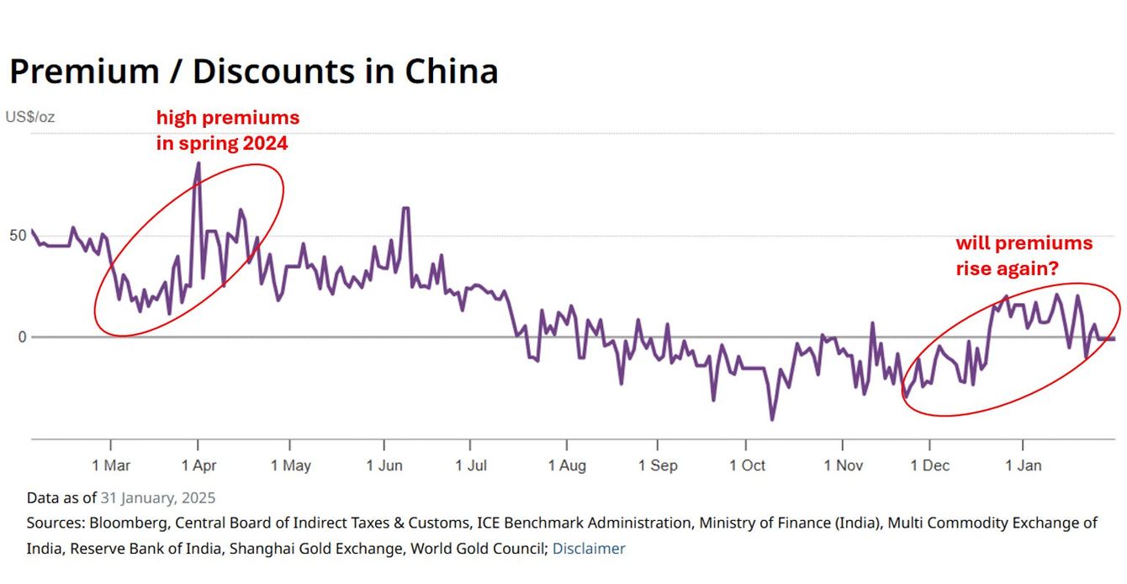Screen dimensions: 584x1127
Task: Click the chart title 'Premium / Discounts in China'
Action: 253,72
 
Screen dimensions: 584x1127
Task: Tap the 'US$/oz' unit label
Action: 30,117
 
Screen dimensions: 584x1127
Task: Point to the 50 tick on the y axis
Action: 18,235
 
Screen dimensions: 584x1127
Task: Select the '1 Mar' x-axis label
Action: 112,465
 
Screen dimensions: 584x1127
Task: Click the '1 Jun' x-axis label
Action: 384,465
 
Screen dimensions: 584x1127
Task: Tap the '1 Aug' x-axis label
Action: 567,465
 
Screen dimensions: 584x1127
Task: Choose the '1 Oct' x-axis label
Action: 747,465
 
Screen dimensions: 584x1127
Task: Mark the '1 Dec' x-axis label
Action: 929,465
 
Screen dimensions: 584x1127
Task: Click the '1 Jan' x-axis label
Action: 1023,465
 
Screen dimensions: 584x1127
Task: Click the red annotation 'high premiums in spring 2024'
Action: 227,130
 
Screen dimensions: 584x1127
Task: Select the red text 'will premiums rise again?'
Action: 1024,256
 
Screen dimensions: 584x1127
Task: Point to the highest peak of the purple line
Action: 198,163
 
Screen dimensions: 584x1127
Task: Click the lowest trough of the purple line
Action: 772,419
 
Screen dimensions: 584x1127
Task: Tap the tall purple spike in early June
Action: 406,208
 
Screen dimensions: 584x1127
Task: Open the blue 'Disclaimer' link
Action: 589,549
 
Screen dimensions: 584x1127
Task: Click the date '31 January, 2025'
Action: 157,497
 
